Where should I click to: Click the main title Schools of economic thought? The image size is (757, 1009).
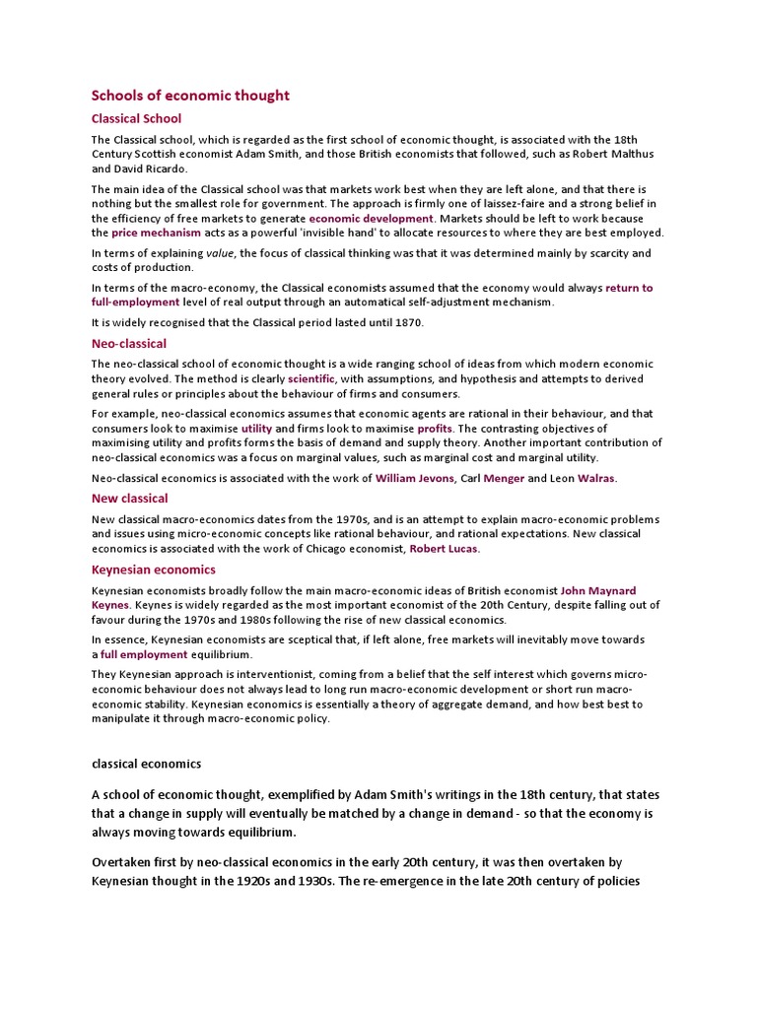tap(190, 96)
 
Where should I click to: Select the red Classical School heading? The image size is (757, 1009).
tap(136, 118)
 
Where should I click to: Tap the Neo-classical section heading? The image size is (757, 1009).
tap(129, 344)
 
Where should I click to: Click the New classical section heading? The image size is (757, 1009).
tap(129, 499)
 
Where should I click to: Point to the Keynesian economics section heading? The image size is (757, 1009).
tap(153, 570)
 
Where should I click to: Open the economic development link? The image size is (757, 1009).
tap(371, 218)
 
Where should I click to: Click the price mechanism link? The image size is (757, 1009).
tap(156, 233)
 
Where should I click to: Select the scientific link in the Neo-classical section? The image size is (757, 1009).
tap(311, 378)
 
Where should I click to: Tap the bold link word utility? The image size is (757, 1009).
tap(256, 429)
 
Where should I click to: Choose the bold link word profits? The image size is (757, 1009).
tap(435, 429)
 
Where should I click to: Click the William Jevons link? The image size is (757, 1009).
tap(414, 478)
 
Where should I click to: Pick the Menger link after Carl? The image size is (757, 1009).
tap(504, 478)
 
